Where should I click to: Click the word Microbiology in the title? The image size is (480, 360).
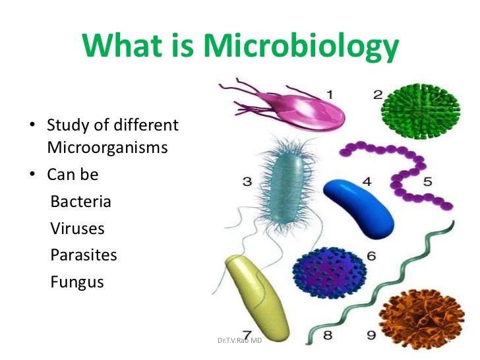[x=301, y=46]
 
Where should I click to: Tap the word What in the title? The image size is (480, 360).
[x=122, y=45]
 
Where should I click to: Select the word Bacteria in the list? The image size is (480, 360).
[x=81, y=202]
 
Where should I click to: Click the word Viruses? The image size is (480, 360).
[x=77, y=228]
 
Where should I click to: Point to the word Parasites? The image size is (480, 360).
[x=84, y=255]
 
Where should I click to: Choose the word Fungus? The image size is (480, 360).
[x=77, y=282]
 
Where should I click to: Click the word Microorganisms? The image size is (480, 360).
[x=107, y=147]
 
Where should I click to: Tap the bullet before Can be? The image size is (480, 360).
[x=32, y=174]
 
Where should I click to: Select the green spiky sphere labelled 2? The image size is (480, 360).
[x=421, y=111]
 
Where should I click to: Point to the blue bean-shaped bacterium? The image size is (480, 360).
[x=359, y=208]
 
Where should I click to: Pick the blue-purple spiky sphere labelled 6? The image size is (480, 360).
[x=329, y=273]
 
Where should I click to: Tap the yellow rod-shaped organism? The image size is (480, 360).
[x=257, y=299]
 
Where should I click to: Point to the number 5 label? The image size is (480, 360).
[x=428, y=181]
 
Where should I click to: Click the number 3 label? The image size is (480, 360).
[x=247, y=181]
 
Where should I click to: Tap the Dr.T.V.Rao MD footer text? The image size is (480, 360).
[x=240, y=340]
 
